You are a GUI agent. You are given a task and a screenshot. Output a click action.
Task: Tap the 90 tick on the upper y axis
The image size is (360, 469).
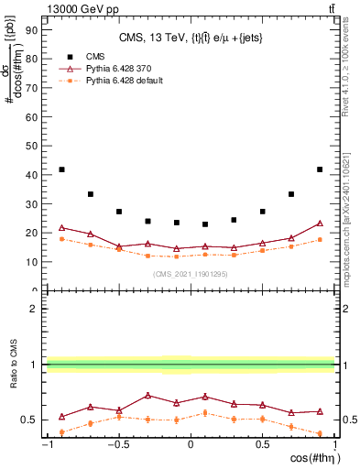32,29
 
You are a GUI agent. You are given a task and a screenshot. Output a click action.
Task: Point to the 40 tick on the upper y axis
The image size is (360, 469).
32,174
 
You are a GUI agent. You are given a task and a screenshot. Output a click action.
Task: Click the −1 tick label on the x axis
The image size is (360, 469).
46,445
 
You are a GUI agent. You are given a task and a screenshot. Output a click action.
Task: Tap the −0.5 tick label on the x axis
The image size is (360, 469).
117,445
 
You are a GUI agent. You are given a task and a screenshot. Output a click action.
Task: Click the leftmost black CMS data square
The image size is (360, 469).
61,169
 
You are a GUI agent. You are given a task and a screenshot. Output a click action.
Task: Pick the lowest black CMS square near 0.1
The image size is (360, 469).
205,224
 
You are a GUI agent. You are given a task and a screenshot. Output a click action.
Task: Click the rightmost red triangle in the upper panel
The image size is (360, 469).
320,223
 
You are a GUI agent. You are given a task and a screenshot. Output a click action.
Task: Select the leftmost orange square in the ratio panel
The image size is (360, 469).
61,431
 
